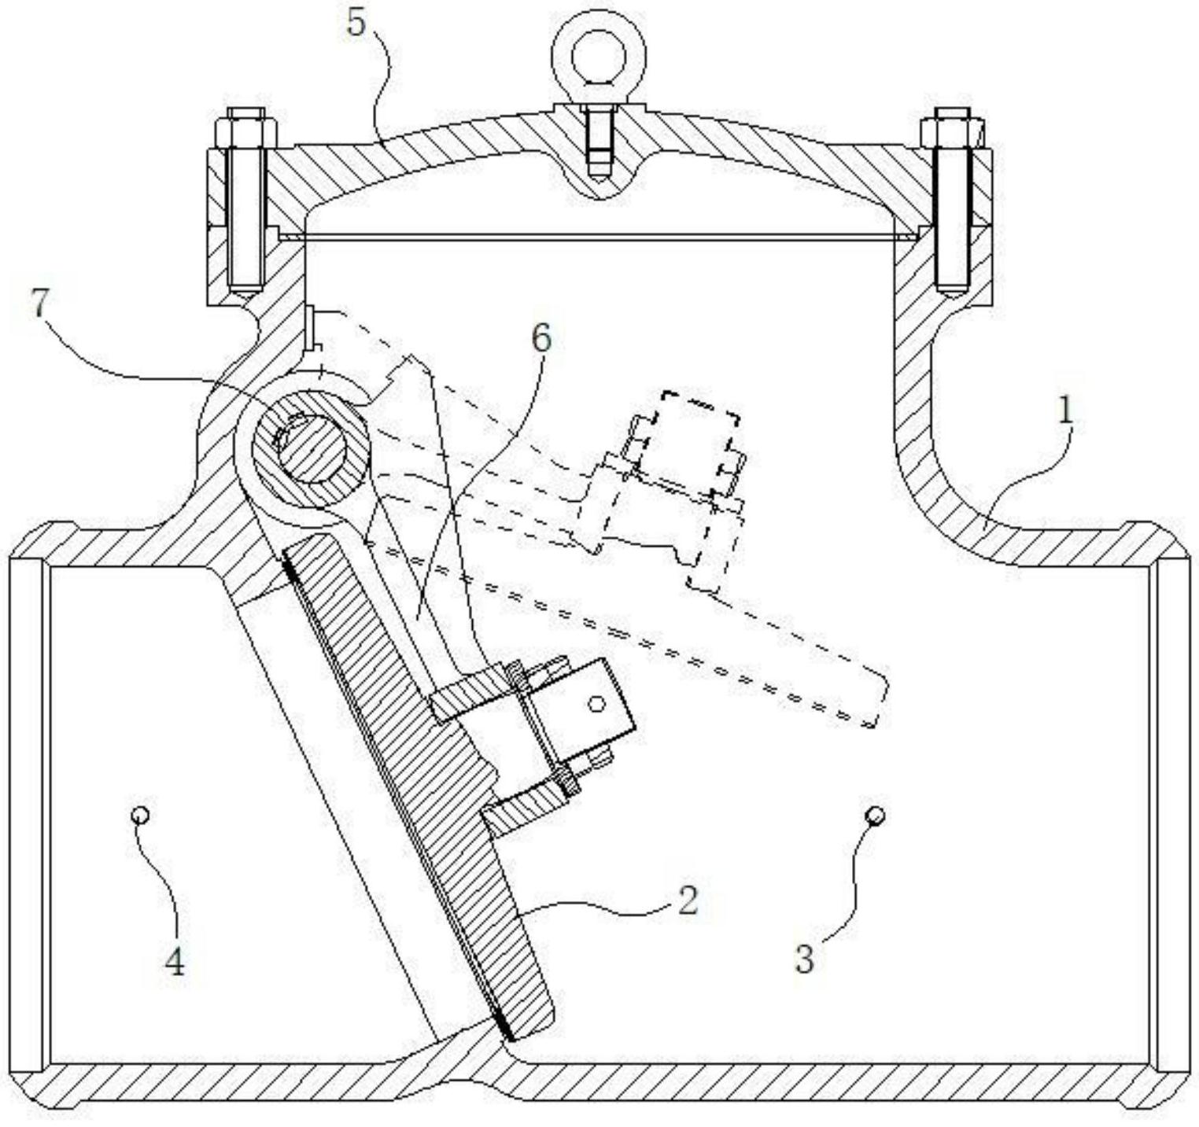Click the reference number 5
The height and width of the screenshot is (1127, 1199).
(356, 23)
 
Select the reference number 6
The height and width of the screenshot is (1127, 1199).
(541, 339)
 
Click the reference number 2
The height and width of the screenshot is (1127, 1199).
(687, 900)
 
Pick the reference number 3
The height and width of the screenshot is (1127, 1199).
(803, 959)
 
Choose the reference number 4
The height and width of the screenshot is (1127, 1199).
(174, 960)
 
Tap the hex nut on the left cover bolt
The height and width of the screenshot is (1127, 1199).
(245, 127)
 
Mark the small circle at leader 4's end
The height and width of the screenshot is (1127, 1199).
(140, 816)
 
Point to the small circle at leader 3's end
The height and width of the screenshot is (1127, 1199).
(875, 815)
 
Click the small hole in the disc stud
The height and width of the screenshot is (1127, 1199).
(596, 704)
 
